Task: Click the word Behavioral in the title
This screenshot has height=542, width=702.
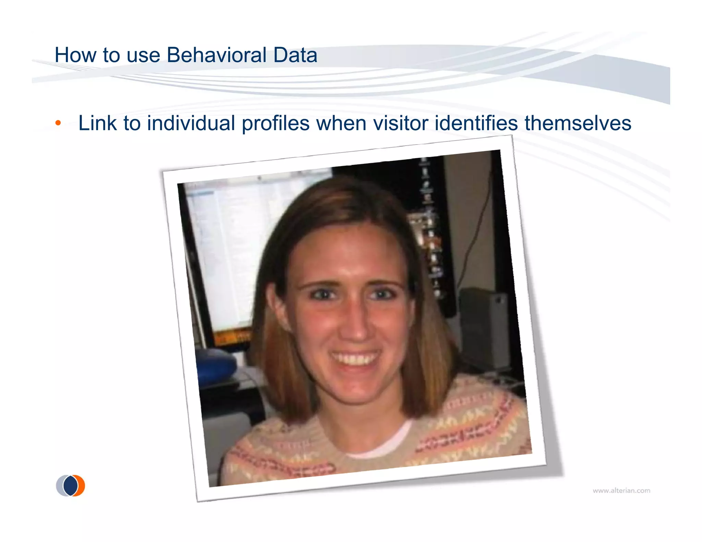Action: (216, 55)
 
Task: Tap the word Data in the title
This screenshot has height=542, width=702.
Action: (295, 55)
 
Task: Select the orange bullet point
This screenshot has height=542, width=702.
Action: (58, 123)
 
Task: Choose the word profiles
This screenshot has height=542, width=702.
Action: (276, 123)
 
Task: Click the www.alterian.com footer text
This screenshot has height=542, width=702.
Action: (621, 491)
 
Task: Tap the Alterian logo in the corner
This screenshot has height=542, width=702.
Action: (71, 485)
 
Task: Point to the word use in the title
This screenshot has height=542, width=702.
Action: (143, 55)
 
